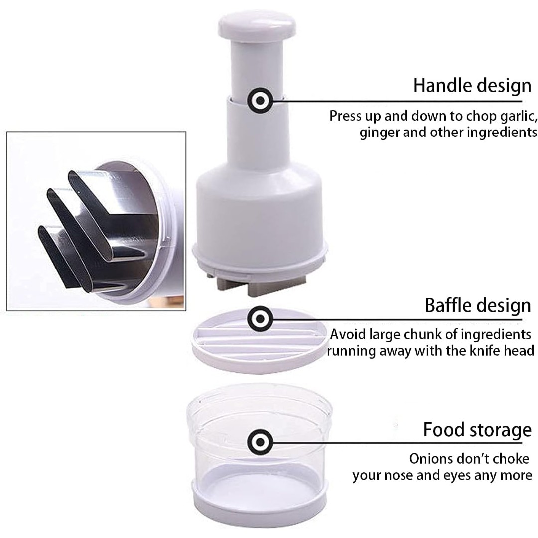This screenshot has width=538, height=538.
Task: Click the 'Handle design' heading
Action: click(x=472, y=86)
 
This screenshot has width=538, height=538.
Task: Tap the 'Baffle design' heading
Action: click(x=478, y=305)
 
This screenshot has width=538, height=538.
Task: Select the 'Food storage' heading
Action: click(x=477, y=430)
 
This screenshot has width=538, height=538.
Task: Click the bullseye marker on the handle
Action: click(x=260, y=101)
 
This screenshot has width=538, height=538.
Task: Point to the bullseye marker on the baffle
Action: click(x=260, y=319)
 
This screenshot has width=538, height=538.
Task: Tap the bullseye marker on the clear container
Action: click(x=260, y=442)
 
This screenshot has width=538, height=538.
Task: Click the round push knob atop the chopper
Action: click(x=257, y=25)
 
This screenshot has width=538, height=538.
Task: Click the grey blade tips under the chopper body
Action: click(x=261, y=285)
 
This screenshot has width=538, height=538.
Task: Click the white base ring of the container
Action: click(x=260, y=508)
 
